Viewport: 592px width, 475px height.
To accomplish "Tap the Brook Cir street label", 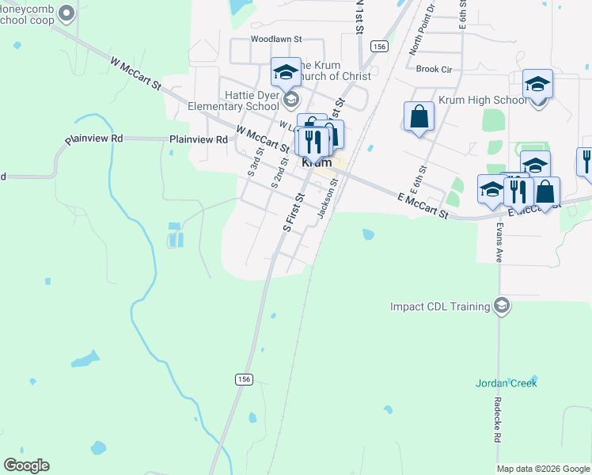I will [434, 70].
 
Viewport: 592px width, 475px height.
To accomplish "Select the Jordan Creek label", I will [507, 383].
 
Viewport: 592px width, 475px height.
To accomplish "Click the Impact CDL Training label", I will [440, 306].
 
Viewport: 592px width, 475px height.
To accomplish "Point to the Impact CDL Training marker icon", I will [500, 306].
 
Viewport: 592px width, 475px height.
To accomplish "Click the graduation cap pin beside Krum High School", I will [537, 85].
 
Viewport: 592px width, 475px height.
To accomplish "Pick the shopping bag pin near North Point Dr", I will [419, 116].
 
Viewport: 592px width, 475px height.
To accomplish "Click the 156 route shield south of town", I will [244, 380].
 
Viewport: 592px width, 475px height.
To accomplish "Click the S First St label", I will [294, 211].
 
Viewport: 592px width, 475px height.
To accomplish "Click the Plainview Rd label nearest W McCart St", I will [199, 139].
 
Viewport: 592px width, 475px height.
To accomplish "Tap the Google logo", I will [26, 465].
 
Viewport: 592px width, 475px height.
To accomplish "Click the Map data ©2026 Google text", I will [543, 469].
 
